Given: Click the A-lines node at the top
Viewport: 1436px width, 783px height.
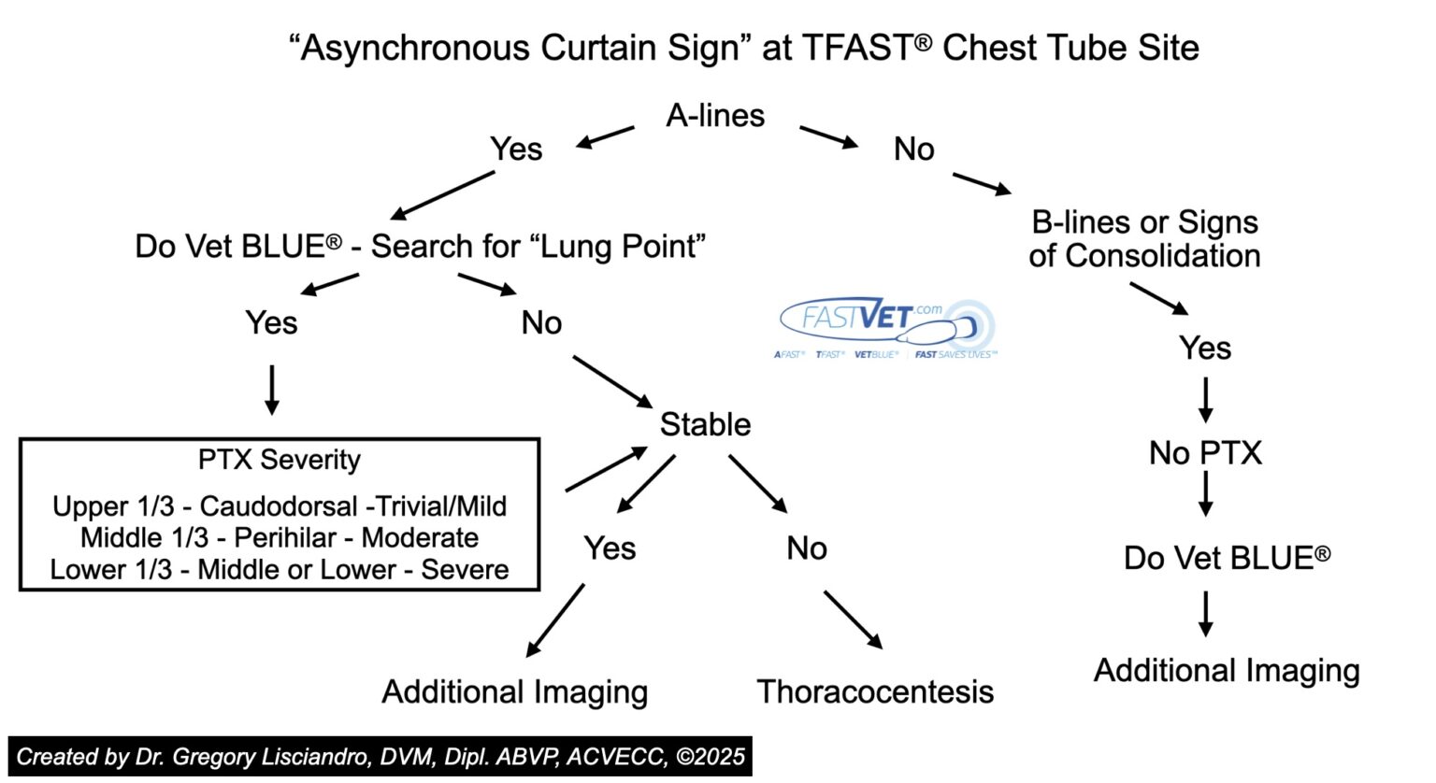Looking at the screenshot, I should pos(715,116).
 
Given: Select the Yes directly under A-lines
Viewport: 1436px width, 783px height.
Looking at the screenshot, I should pos(516,149).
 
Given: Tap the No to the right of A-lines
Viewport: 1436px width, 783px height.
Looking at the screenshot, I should pos(913,149).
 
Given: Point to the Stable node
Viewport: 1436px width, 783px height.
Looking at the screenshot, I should pos(705,424).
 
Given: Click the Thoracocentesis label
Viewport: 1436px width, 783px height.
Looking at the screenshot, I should pos(874,691).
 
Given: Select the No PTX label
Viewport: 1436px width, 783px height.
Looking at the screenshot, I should pos(1205,453).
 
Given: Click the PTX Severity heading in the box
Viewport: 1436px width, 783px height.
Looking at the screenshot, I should pos(279,460).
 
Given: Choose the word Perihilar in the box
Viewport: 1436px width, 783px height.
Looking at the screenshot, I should pos(284,538).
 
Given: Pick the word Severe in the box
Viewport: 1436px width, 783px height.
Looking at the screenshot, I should pos(465,570).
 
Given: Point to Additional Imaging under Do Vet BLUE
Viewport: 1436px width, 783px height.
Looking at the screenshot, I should pos(1226,671).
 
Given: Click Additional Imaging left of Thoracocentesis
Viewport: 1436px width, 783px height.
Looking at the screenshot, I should pos(514,691).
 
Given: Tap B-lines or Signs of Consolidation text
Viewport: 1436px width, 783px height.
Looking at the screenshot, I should pos(1144,239).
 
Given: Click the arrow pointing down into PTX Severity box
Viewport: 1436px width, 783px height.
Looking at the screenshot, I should pos(271,390).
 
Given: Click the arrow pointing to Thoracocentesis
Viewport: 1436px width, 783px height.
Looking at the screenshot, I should pos(852,619).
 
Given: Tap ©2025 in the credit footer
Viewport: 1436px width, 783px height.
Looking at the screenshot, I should pos(711,757).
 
